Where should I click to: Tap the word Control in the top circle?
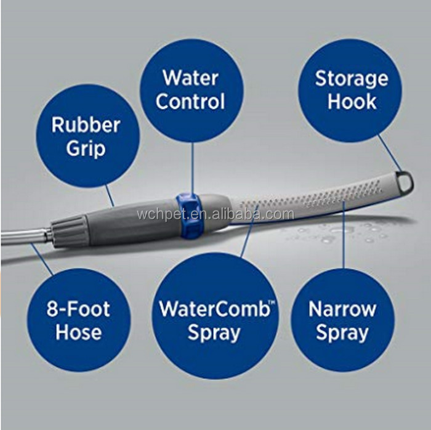(190, 102)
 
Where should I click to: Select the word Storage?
(352, 79)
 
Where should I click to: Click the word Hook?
(352, 102)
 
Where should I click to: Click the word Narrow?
(342, 309)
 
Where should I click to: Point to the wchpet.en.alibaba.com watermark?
(215, 215)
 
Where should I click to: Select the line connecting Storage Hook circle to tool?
(388, 151)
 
